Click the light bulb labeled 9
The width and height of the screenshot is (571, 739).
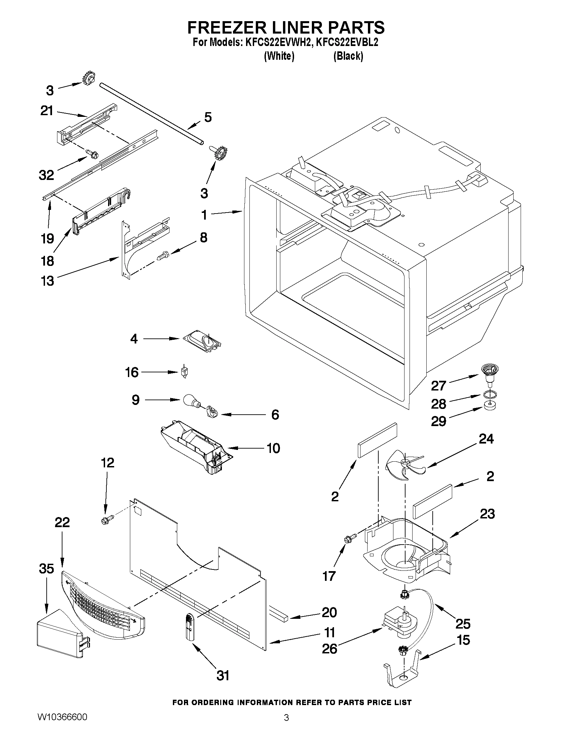pyautogui.click(x=191, y=400)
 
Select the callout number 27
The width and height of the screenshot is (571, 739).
pyautogui.click(x=438, y=385)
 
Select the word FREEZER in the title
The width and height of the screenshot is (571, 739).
pyautogui.click(x=230, y=27)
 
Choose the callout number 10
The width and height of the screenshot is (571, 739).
pyautogui.click(x=273, y=448)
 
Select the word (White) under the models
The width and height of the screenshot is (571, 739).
pyautogui.click(x=279, y=56)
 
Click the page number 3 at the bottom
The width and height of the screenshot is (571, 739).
pyautogui.click(x=286, y=726)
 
